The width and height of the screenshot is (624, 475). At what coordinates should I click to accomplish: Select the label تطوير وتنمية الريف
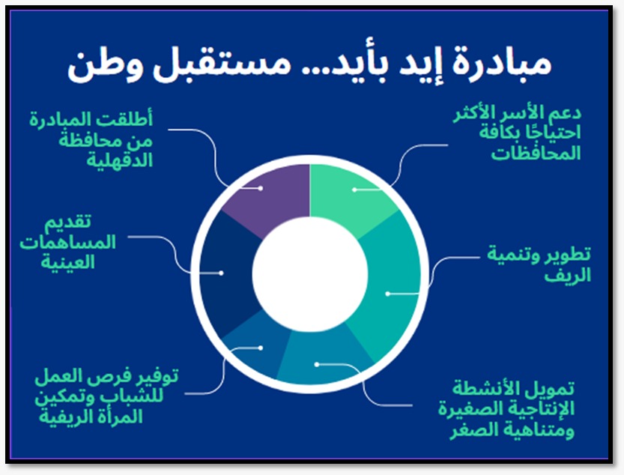539,264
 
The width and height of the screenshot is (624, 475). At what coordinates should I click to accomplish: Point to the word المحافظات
535,154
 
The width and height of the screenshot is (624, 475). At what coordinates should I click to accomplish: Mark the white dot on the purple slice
260,188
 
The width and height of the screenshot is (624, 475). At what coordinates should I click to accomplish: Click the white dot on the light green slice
354,190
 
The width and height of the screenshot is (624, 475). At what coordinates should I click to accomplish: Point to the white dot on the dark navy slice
222,273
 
